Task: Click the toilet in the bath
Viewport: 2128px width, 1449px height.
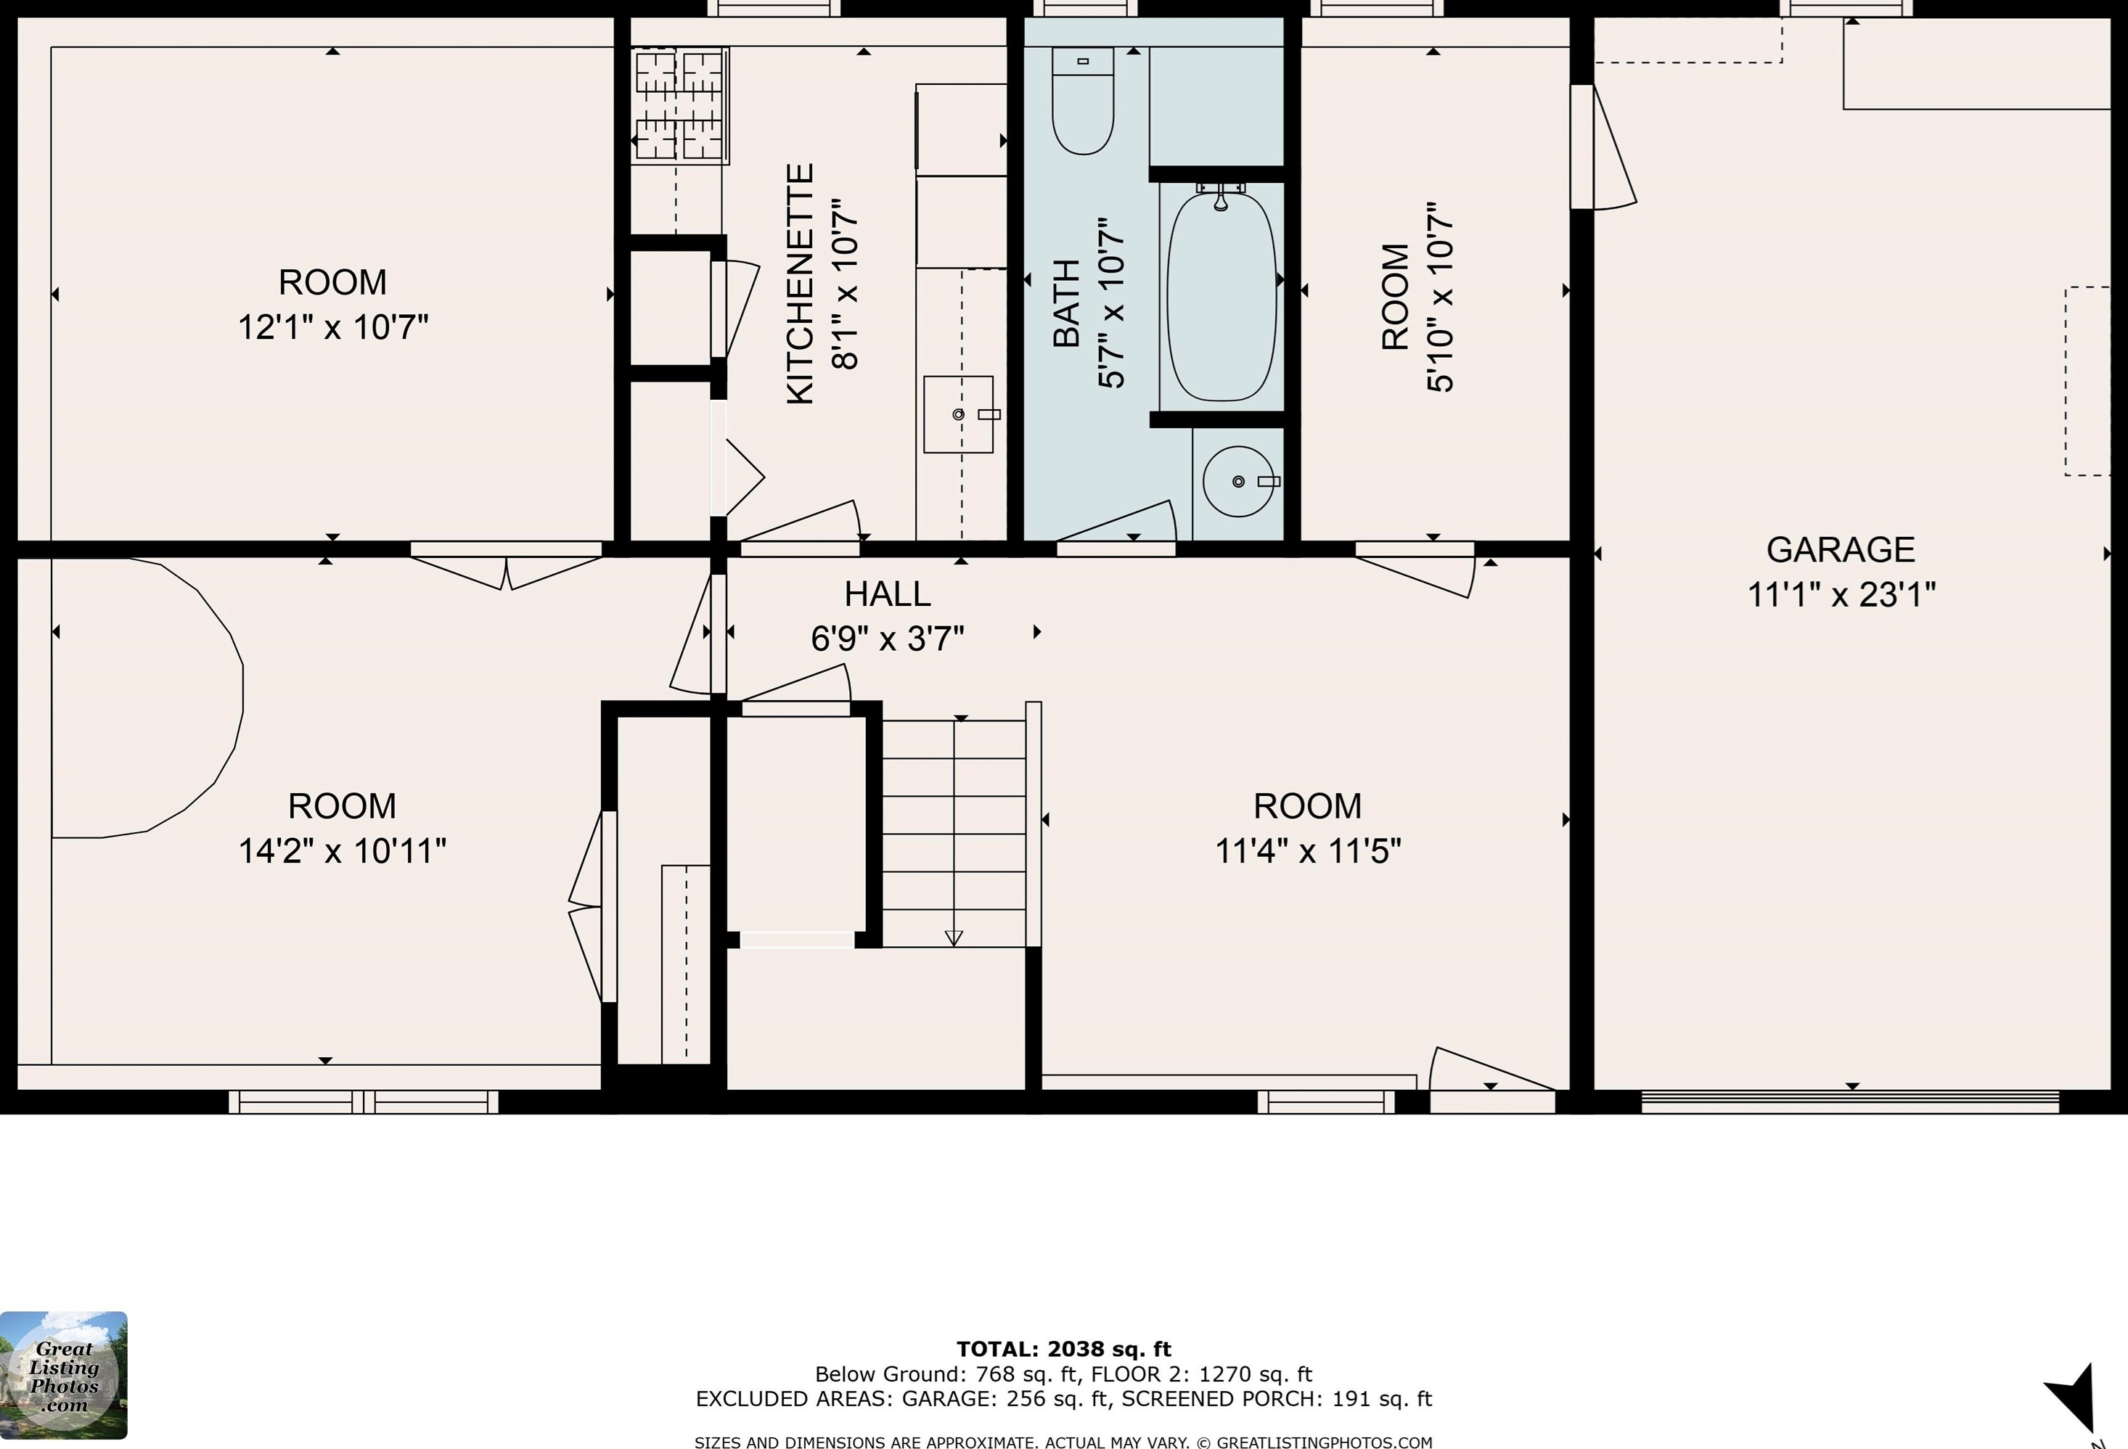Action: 1082,101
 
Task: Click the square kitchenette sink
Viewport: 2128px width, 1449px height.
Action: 958,414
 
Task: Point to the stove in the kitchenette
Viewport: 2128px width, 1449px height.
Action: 680,106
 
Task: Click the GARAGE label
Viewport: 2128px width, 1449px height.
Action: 1841,550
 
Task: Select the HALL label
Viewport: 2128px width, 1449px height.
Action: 888,594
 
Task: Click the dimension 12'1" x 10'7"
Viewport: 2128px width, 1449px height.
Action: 333,327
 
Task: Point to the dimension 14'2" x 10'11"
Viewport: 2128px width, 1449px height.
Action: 343,851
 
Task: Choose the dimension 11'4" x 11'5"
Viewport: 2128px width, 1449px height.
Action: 1308,851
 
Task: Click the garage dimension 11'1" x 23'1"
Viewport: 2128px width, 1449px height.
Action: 1841,595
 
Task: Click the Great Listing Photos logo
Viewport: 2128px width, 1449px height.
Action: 63,1375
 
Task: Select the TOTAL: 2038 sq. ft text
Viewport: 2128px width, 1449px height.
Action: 1064,1348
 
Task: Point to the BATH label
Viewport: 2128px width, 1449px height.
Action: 1067,304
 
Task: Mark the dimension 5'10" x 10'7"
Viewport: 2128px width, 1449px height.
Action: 1441,297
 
